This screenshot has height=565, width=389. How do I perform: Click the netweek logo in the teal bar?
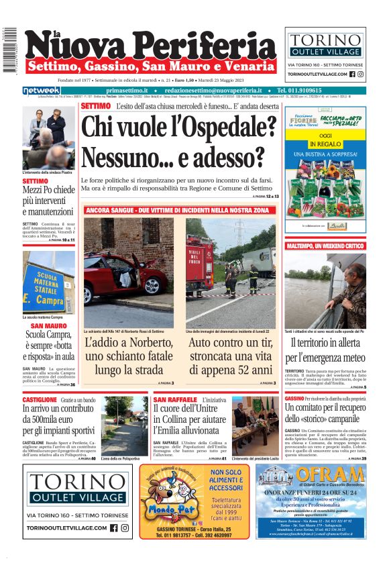(x=42, y=91)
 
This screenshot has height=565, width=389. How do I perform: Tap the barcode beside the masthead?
(x=9, y=50)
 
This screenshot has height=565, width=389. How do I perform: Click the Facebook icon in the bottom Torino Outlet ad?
(x=113, y=528)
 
